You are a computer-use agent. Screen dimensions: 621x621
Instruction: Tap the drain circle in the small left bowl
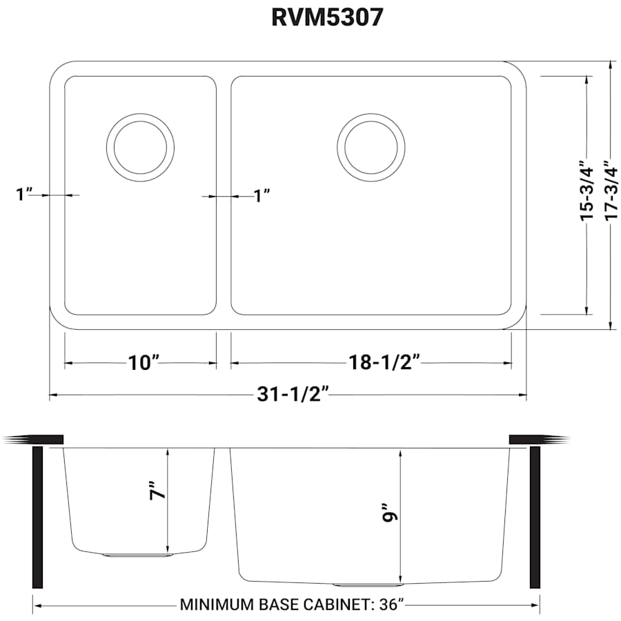click(x=140, y=147)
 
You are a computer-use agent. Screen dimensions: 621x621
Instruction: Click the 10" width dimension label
click(x=144, y=363)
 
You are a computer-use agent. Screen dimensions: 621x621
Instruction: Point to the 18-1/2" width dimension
click(x=387, y=363)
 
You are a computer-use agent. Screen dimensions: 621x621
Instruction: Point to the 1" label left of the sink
click(x=25, y=195)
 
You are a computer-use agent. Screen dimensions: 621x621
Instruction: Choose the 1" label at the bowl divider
click(x=261, y=196)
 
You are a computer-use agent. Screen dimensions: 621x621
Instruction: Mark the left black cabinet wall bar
click(x=38, y=517)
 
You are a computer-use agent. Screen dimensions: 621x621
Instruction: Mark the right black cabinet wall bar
click(x=535, y=517)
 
